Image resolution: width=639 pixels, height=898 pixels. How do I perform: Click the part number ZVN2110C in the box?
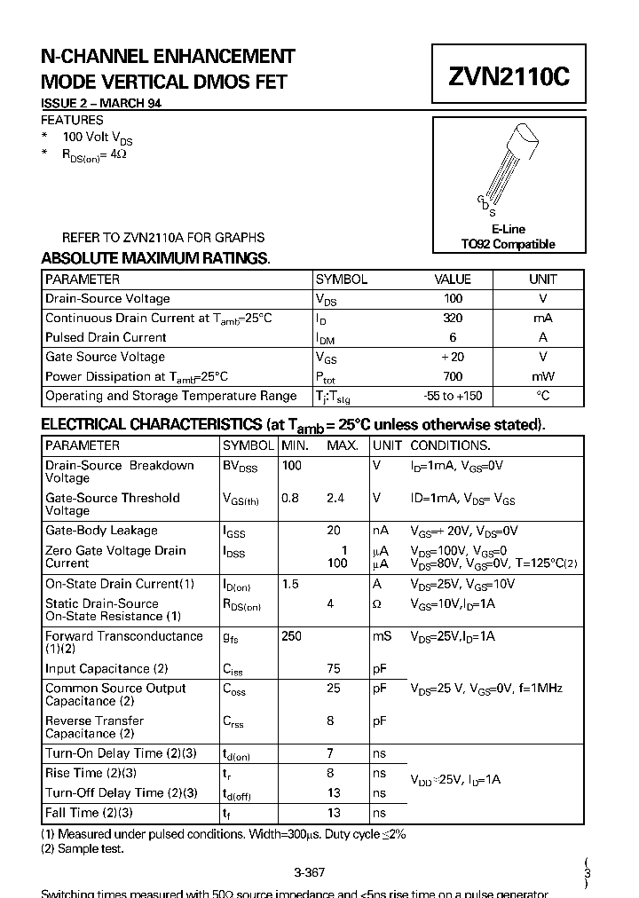click(x=509, y=77)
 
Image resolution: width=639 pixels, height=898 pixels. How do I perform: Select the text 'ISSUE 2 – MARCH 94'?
click(x=101, y=104)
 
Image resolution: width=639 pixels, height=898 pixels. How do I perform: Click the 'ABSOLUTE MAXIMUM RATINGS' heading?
click(x=155, y=258)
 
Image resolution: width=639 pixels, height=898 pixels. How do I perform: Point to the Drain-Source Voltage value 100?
click(x=453, y=299)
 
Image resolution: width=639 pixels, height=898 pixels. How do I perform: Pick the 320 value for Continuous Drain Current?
click(x=453, y=318)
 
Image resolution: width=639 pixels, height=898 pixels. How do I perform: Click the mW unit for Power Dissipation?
click(x=542, y=376)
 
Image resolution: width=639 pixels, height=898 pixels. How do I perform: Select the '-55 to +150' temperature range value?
click(x=453, y=396)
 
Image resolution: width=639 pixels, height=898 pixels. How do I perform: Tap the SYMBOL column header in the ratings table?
click(x=341, y=279)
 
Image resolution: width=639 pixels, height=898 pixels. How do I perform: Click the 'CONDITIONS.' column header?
click(x=450, y=445)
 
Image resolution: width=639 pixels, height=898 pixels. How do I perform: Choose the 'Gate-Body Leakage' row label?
click(x=101, y=531)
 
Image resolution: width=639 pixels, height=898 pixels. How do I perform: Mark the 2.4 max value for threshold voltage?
click(x=335, y=498)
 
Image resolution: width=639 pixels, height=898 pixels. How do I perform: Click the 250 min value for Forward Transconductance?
click(x=291, y=636)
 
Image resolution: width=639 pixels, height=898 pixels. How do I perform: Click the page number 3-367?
click(x=309, y=872)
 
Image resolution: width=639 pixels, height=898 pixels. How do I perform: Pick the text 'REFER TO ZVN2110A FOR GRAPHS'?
click(x=162, y=238)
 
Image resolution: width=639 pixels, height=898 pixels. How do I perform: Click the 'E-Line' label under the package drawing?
click(x=509, y=229)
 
